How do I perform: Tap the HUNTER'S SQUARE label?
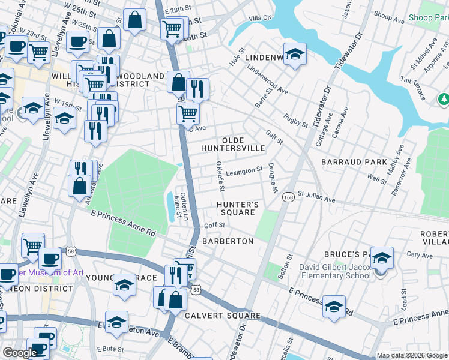pos(238,208)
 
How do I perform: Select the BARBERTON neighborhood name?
pos(228,241)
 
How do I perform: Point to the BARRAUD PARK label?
pos(354,162)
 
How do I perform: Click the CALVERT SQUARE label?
pos(222,316)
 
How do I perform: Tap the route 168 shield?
pos(288,197)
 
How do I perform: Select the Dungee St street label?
pos(273,178)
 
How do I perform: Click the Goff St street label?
pos(214,225)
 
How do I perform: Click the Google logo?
pos(19,353)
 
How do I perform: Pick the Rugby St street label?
pos(295,121)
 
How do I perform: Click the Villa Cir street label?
pos(261,18)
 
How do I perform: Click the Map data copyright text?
pos(412,355)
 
